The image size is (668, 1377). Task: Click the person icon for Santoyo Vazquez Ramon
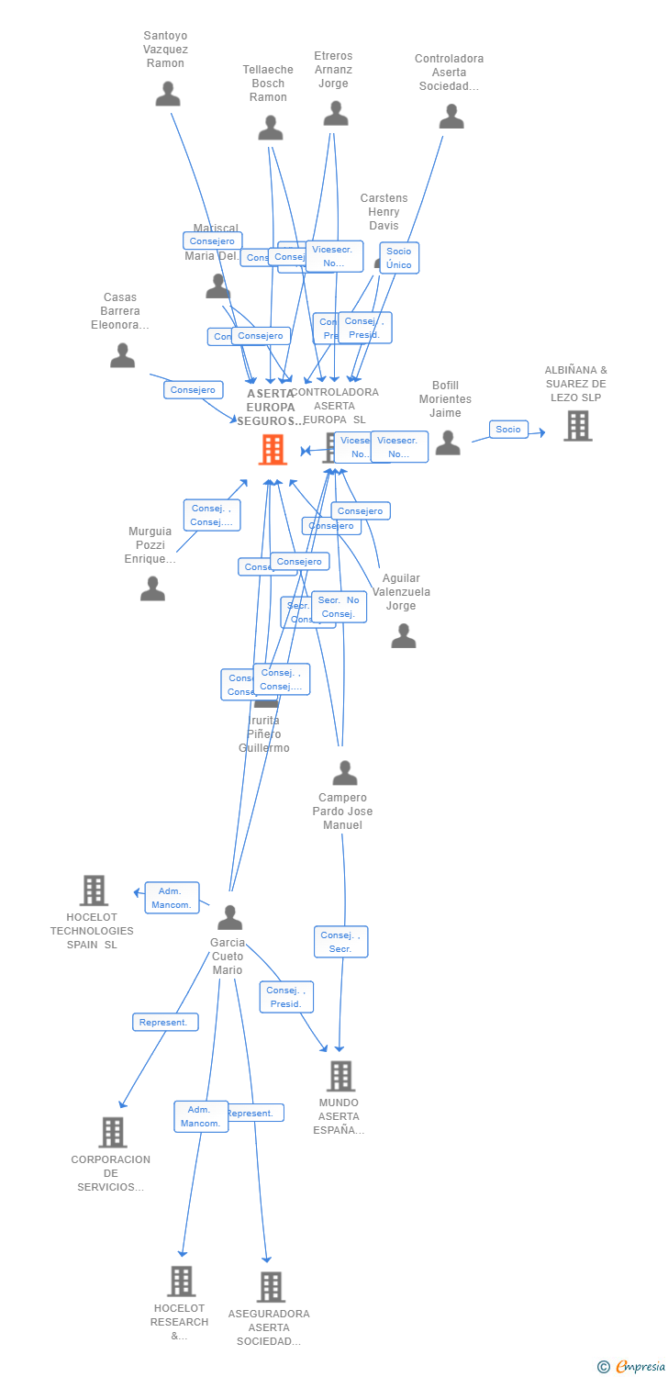coord(168,94)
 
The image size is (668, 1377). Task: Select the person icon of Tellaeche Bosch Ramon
coord(271,128)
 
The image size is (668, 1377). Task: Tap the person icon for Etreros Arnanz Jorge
coord(336,113)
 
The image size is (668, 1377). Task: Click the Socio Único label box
coord(399,258)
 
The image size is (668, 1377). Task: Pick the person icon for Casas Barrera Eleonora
coord(122,355)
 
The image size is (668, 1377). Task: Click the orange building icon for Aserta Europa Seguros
coord(273,450)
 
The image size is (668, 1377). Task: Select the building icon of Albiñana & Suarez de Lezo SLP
coord(577,426)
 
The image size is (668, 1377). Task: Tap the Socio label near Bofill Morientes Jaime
coord(508,429)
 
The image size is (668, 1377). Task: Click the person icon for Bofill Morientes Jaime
coord(448,442)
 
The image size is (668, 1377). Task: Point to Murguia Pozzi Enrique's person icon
coord(152,588)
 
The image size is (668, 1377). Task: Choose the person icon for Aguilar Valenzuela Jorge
coord(404,635)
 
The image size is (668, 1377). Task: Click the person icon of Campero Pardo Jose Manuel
coord(345,773)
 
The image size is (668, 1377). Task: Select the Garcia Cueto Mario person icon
coord(229,917)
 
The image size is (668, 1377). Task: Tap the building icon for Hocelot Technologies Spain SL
coord(94,890)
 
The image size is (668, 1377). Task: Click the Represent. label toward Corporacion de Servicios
coord(165,1022)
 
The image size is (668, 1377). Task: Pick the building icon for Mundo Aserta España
coord(340,1076)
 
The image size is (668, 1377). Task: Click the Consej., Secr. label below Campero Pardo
coord(340,942)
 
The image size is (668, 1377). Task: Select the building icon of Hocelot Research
coord(181,1281)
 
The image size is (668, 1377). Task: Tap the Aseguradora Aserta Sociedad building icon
coord(270,1287)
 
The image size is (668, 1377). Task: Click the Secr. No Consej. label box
coord(339,607)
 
